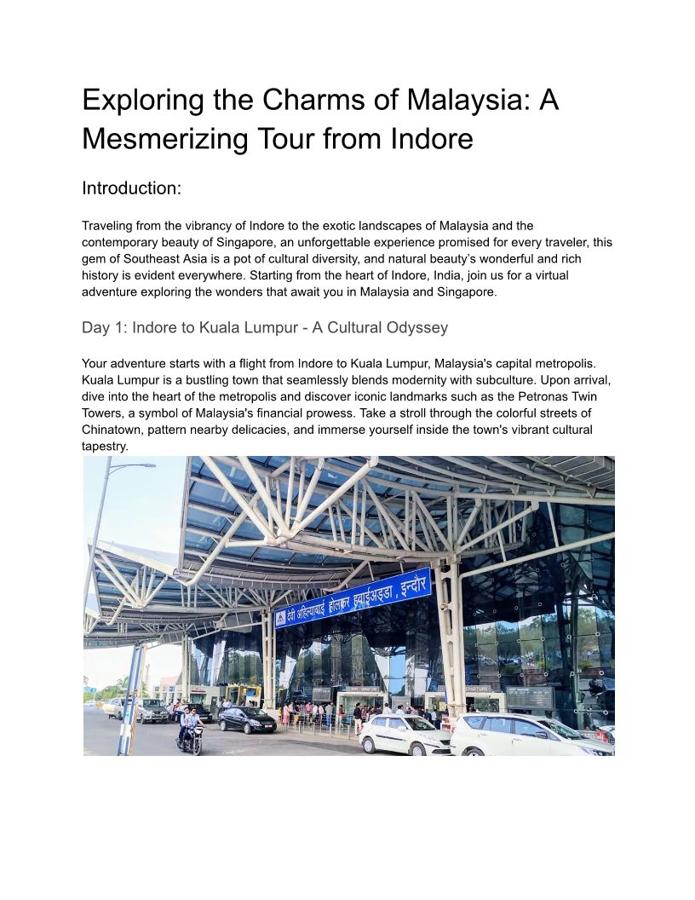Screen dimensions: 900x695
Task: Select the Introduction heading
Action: (131, 188)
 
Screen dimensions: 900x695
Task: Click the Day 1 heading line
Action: (265, 328)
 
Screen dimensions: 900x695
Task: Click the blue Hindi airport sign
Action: (354, 597)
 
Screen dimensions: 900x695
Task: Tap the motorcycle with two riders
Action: (191, 734)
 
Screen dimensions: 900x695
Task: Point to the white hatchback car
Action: (405, 734)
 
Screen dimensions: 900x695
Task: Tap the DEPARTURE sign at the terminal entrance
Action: (478, 688)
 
